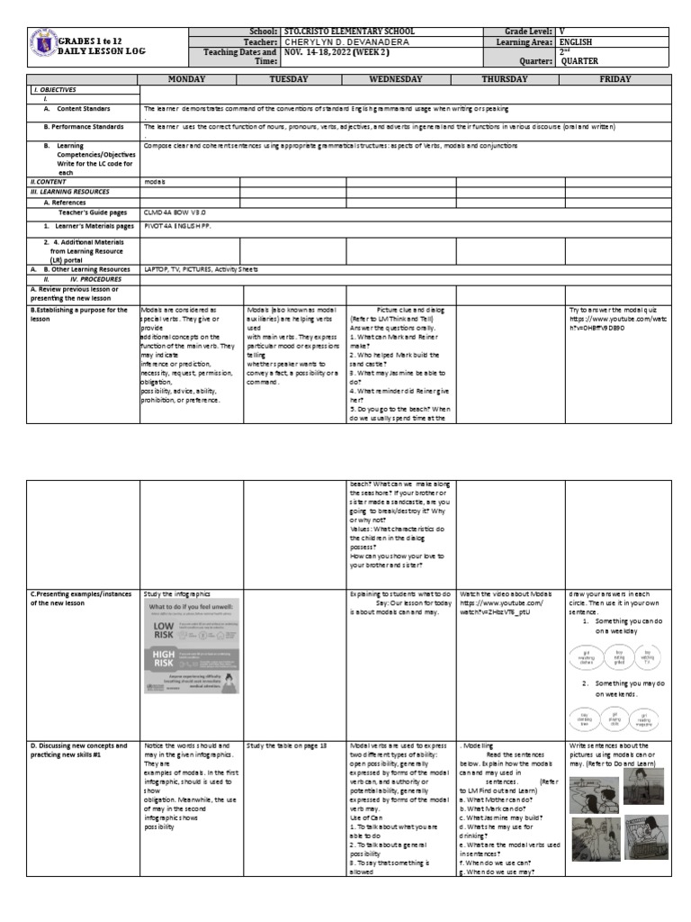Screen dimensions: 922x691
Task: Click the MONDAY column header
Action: point(191,79)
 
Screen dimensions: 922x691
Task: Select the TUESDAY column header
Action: point(295,79)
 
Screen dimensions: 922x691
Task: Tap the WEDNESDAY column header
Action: point(401,79)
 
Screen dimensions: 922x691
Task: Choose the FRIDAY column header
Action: point(616,79)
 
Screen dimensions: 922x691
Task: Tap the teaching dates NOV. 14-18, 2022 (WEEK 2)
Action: point(338,52)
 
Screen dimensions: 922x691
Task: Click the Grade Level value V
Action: point(562,32)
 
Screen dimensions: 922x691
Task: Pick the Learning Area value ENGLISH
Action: point(577,41)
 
